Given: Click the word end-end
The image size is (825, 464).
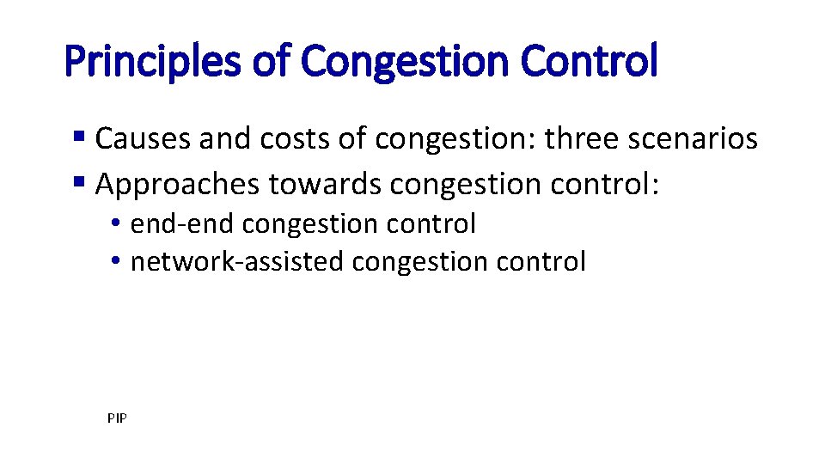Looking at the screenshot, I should [183, 223].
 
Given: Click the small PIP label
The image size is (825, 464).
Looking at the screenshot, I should [117, 418].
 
